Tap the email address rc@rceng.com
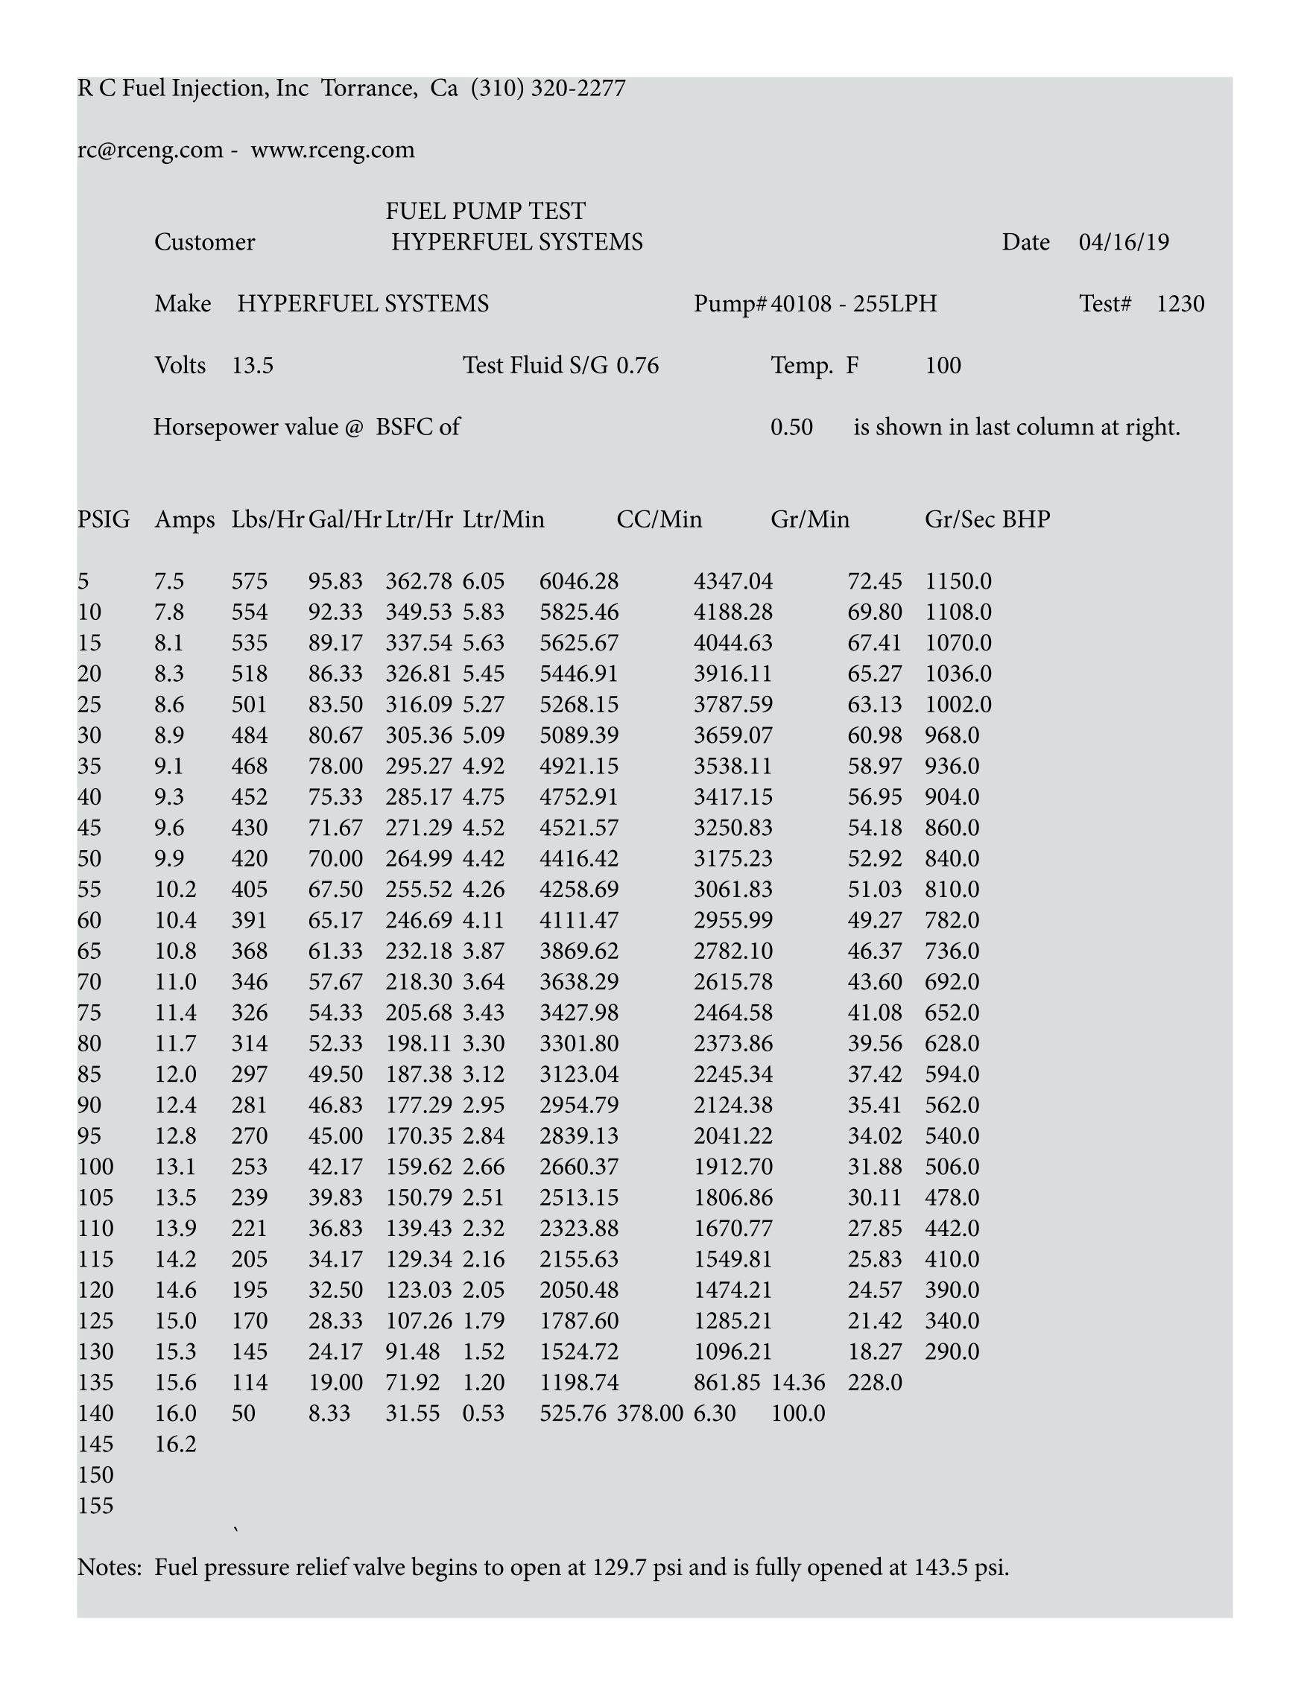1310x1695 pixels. click(150, 150)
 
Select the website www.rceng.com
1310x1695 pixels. click(332, 150)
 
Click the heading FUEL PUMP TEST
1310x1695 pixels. click(485, 211)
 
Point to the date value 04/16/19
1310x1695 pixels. click(1123, 242)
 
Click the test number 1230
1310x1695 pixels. click(1180, 303)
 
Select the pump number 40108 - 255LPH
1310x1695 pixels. click(854, 303)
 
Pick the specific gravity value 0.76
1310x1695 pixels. click(637, 366)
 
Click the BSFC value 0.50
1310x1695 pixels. click(791, 427)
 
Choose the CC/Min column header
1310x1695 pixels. click(659, 519)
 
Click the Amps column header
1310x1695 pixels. click(185, 519)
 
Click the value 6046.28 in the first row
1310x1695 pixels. click(579, 581)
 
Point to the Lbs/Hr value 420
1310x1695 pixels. click(249, 858)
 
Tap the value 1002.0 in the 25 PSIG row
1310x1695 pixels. click(958, 705)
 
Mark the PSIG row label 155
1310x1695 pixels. click(95, 1506)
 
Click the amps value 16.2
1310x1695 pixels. click(175, 1445)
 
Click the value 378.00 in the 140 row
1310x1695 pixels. click(650, 1413)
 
